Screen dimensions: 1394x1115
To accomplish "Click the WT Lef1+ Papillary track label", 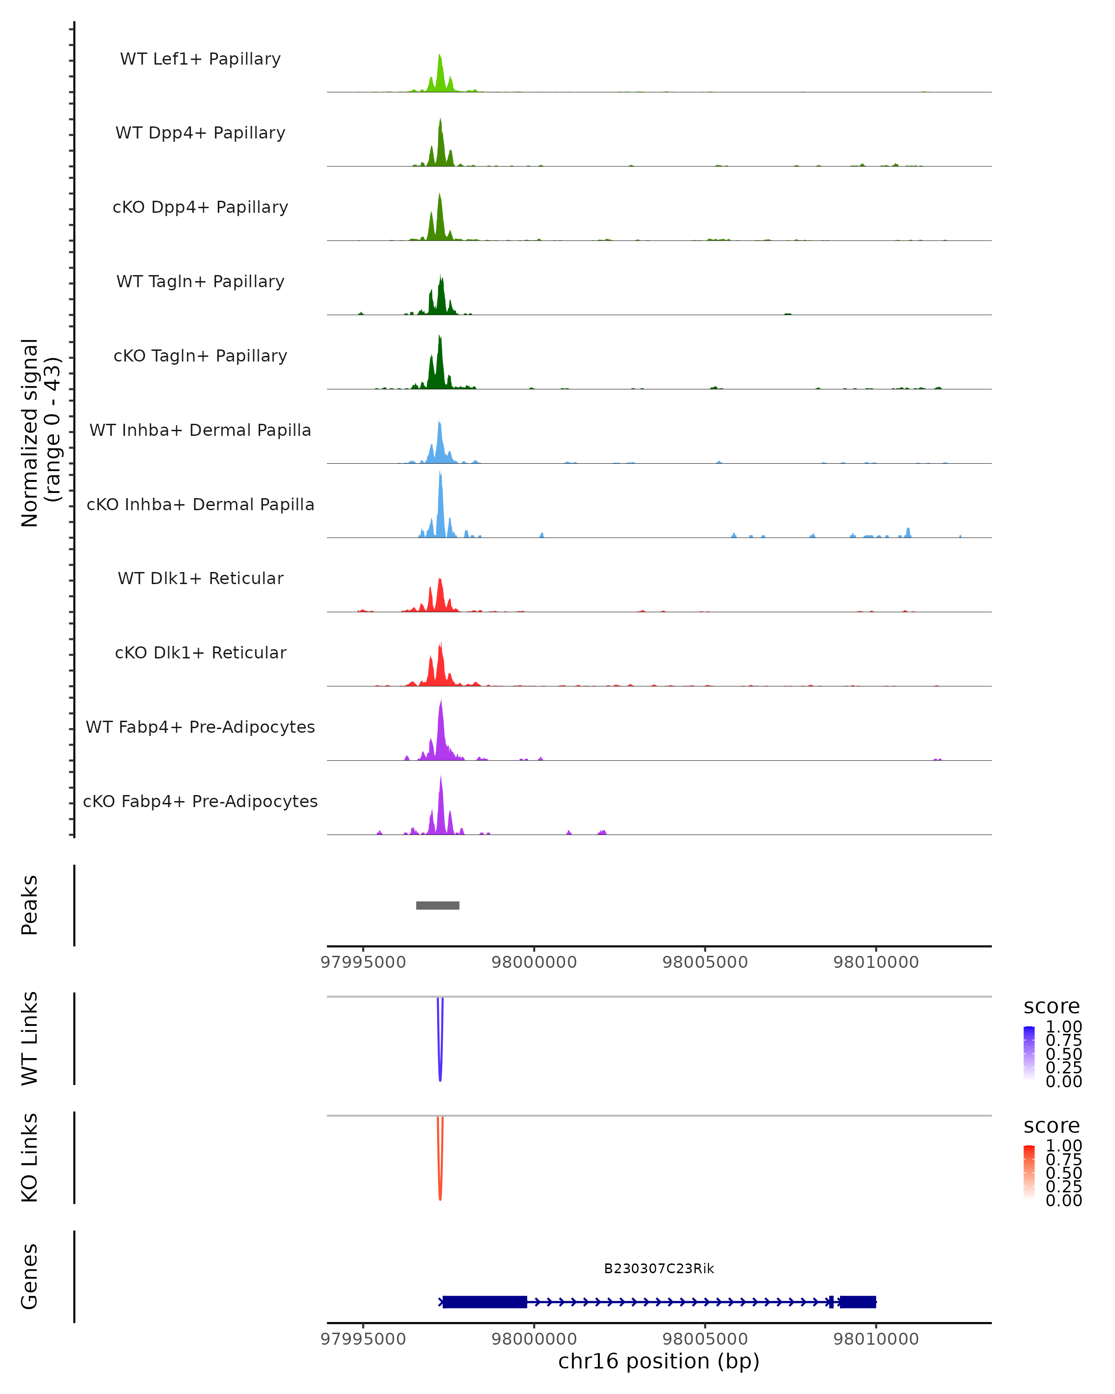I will [x=200, y=59].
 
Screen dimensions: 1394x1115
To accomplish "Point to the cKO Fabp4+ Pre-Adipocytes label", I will [x=200, y=801].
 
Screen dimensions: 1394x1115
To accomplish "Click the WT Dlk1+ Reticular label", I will [x=200, y=579].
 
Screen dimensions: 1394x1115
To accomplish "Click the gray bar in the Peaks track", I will [x=438, y=905].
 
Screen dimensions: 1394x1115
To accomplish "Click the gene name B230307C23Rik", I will [x=659, y=1269].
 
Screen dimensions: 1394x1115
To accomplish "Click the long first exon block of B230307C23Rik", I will [x=485, y=1302].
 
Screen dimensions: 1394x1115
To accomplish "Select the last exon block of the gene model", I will [x=858, y=1302].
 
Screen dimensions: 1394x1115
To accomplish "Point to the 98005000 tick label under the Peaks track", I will [x=705, y=962].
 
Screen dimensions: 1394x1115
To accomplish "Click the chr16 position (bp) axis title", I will [x=659, y=1361].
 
